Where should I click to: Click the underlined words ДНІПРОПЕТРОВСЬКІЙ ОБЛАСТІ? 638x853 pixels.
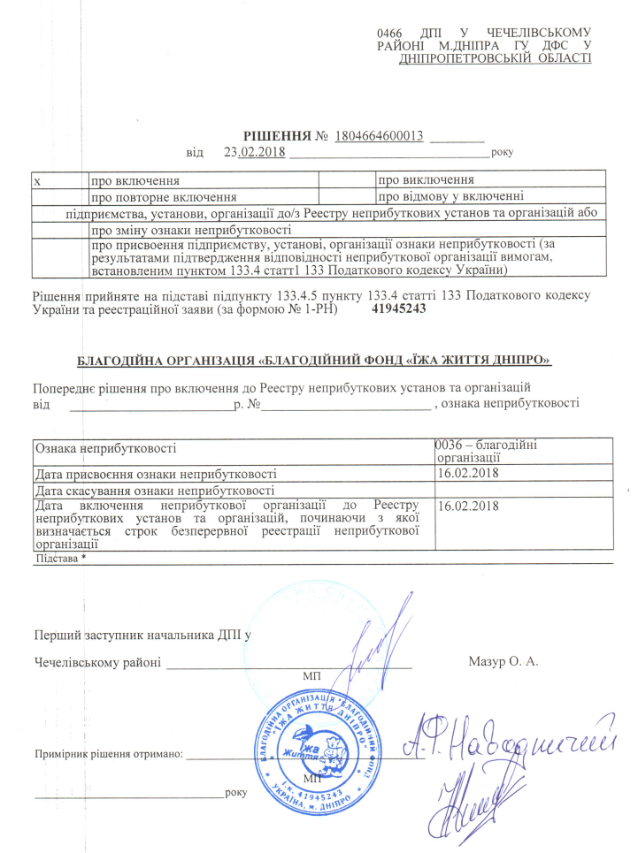496,58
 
